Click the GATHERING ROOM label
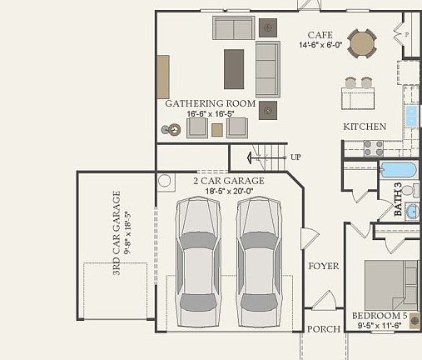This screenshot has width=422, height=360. [x=210, y=103]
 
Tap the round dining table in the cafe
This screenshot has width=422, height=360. [x=362, y=42]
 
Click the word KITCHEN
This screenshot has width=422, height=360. [x=365, y=127]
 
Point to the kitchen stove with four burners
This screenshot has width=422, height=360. [x=373, y=147]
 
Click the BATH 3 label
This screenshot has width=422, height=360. [x=397, y=200]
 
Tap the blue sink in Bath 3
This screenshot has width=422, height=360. [x=412, y=210]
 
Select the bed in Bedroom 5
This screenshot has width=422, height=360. [x=390, y=284]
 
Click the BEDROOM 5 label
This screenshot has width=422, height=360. [x=380, y=316]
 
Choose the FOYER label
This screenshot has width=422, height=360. [x=324, y=266]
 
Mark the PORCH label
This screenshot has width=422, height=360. [x=323, y=329]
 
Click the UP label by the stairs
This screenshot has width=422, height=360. [x=295, y=157]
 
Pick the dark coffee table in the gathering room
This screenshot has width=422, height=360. [x=234, y=69]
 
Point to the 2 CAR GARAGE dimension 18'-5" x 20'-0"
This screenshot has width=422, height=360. [x=229, y=191]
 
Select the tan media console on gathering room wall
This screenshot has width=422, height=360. [x=163, y=77]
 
